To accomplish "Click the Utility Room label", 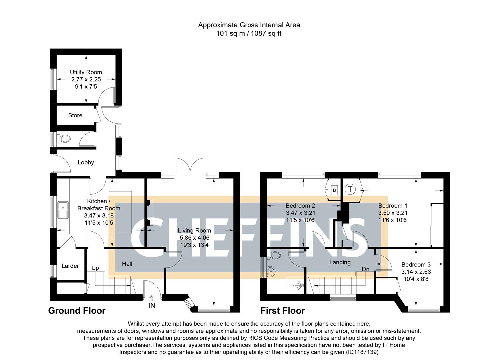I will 86,72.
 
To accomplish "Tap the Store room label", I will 75,115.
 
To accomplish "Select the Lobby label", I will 86,163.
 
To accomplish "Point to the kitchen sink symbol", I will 62,210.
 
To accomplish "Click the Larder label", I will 70,266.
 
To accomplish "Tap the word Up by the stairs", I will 95,268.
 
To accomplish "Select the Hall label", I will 127,264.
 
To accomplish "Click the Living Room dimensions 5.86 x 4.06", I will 194,238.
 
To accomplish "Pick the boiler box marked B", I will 334,190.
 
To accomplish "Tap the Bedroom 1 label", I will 392,206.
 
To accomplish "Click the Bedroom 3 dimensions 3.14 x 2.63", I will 416,272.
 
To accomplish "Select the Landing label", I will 340,262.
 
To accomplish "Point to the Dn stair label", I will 365,269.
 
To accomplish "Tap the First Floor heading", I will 282,311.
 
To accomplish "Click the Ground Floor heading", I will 77,311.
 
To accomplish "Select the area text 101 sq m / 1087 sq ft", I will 249,33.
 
